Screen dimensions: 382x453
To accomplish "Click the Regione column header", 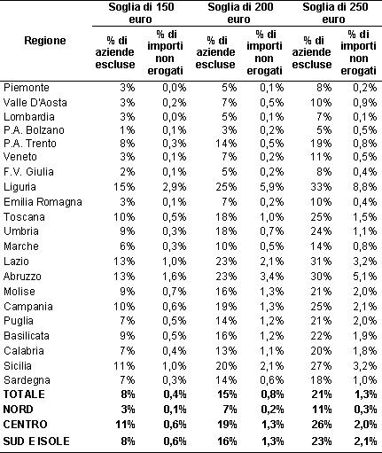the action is [x=45, y=41].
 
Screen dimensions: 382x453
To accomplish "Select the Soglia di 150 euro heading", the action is [x=141, y=13].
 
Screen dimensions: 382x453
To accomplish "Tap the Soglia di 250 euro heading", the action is [x=335, y=13].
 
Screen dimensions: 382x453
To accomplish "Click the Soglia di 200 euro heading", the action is [x=240, y=13].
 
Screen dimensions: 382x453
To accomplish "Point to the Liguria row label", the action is [x=19, y=187].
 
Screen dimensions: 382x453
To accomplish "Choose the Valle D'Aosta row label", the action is [x=35, y=103].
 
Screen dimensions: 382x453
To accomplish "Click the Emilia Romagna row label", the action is [x=43, y=202].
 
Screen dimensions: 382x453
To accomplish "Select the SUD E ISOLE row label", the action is [x=36, y=441].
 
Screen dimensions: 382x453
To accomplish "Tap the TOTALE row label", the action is [x=24, y=394].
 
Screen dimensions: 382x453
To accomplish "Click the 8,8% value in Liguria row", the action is [x=365, y=187].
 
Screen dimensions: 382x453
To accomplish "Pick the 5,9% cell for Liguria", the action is [x=271, y=187].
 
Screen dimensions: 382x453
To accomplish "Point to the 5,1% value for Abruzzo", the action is [x=365, y=277].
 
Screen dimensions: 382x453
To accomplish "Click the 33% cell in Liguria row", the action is [x=321, y=187].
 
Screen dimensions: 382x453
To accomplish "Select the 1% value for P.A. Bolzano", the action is [x=128, y=130].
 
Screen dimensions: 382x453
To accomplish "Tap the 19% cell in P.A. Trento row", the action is [x=321, y=144].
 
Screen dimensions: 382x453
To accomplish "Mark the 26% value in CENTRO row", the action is [x=322, y=425].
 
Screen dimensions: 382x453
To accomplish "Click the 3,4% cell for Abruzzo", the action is [x=271, y=277].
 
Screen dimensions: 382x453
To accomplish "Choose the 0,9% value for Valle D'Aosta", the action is [x=365, y=103].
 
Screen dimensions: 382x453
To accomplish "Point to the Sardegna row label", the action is [x=27, y=380].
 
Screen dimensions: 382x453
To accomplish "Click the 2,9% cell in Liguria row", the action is [x=175, y=187].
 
